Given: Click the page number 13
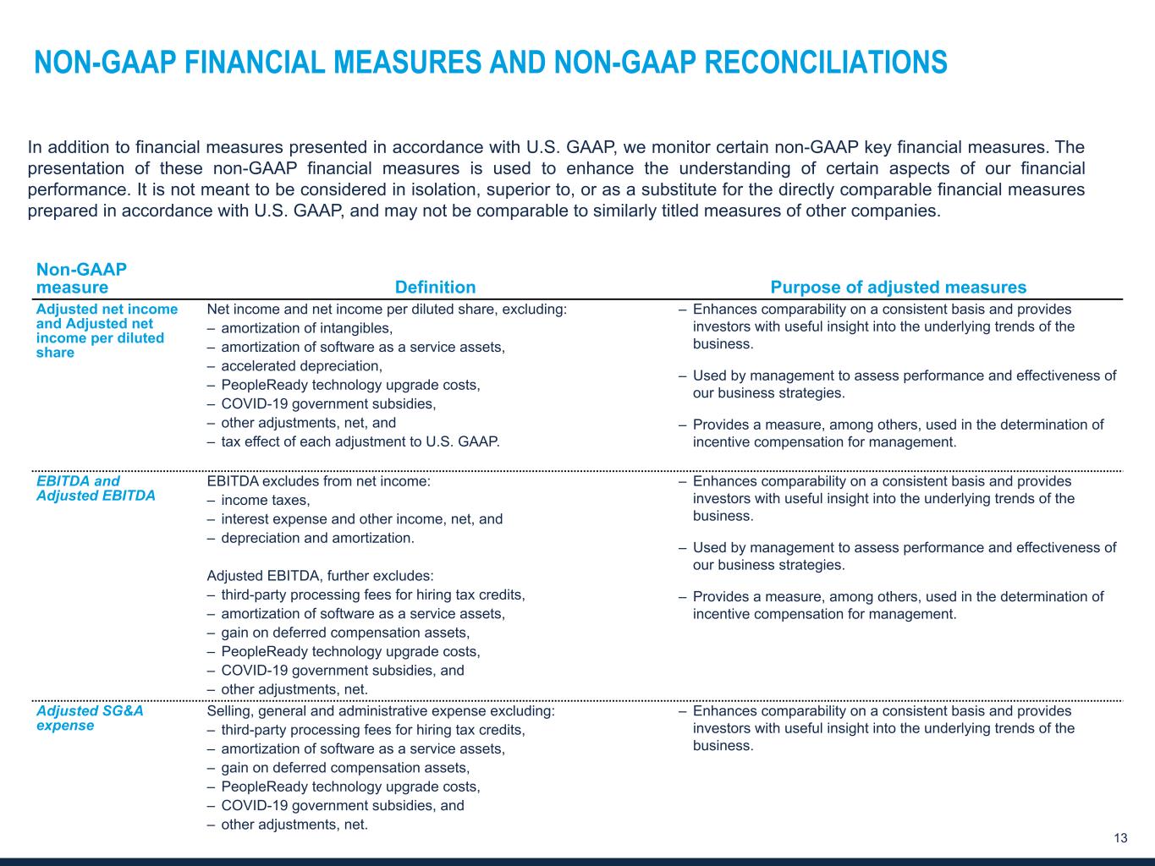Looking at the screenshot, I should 1120,838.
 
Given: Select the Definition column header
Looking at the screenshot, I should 435,288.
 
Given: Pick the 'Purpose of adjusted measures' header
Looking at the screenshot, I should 898,288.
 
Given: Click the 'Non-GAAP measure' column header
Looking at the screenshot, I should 81,278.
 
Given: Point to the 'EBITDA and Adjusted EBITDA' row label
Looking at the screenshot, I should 96,489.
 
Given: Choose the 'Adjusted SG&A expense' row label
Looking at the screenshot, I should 90,718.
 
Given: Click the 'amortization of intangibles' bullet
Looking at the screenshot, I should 306,328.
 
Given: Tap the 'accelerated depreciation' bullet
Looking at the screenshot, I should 301,366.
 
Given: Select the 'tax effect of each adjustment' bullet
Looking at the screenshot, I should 360,441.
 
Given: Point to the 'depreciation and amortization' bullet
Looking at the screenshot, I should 317,538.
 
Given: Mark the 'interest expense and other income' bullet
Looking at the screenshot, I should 361,519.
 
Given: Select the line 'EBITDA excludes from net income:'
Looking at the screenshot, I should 318,481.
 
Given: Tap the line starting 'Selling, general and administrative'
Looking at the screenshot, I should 380,711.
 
